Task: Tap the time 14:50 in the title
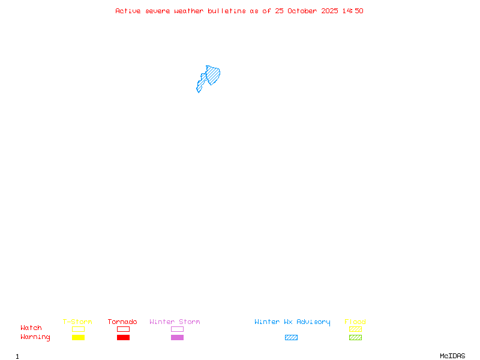pos(353,11)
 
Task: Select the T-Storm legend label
pos(77,322)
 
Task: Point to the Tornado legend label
pos(122,322)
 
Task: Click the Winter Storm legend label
pos(175,322)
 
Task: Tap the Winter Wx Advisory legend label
pos(292,322)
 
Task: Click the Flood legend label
pos(355,322)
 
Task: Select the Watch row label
pos(31,328)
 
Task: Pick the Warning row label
pos(35,337)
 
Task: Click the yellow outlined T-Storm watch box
pos(78,329)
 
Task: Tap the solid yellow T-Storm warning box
pos(78,337)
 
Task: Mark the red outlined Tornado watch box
pos(123,329)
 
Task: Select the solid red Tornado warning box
pos(123,337)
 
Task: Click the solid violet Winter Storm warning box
pos(177,337)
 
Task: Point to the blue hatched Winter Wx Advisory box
pos(291,337)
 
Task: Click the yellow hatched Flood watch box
pos(355,329)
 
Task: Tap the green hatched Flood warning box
pos(355,337)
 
